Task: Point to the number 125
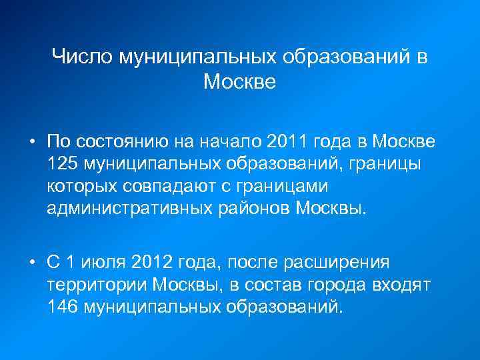point(64,163)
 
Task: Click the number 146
point(64,307)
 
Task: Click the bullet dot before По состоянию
point(31,142)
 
